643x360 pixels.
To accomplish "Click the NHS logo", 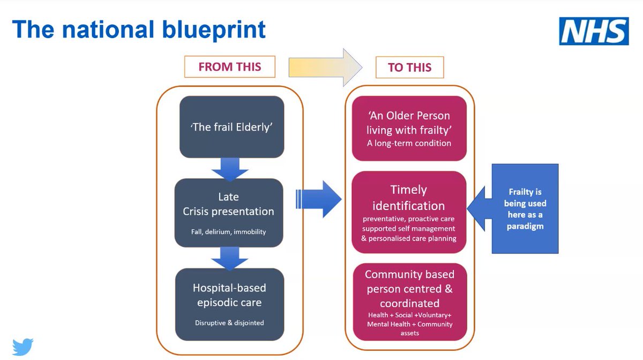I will tap(594, 31).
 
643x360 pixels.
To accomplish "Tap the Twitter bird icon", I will tap(23, 346).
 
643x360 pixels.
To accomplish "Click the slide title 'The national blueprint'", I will tap(139, 29).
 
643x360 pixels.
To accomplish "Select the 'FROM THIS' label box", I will tap(229, 67).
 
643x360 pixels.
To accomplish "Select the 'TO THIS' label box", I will tap(409, 68).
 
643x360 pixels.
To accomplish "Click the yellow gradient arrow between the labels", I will tap(325, 67).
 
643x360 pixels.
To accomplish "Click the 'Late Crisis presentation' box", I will tap(228, 213).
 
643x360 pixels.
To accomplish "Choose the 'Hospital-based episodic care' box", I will tap(229, 304).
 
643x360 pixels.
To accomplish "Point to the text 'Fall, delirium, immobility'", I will tap(228, 232).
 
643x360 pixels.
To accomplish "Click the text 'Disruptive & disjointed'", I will tap(229, 322).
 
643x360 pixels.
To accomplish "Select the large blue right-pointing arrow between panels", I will tap(320, 199).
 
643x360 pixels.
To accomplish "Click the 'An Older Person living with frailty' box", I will tap(409, 129).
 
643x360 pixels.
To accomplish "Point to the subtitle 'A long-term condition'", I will tap(409, 143).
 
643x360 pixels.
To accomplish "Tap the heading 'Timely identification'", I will tap(409, 198).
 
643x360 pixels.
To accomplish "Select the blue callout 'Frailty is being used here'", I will tap(525, 208).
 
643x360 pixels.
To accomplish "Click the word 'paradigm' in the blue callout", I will tap(525, 226).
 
